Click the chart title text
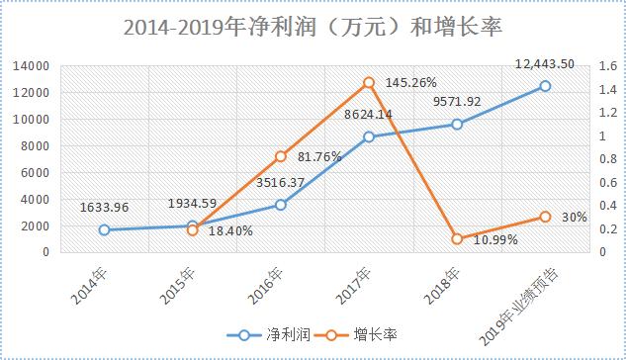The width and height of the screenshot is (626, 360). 313,28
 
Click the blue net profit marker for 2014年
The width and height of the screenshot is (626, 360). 104,229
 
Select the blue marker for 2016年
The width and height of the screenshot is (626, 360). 280,205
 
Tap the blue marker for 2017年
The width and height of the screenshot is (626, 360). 368,136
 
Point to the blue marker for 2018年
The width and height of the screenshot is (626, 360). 456,125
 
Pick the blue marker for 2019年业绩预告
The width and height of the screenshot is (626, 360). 544,86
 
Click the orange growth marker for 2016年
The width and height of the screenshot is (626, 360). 280,156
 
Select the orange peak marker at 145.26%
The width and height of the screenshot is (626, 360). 368,82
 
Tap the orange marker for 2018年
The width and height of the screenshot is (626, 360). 456,238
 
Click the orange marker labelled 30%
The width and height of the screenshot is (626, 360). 544,217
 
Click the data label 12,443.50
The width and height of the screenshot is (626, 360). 546,63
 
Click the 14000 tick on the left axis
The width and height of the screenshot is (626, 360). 34,65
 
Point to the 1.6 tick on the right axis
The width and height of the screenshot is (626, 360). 598,65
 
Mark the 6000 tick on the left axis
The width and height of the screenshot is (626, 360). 37,172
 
